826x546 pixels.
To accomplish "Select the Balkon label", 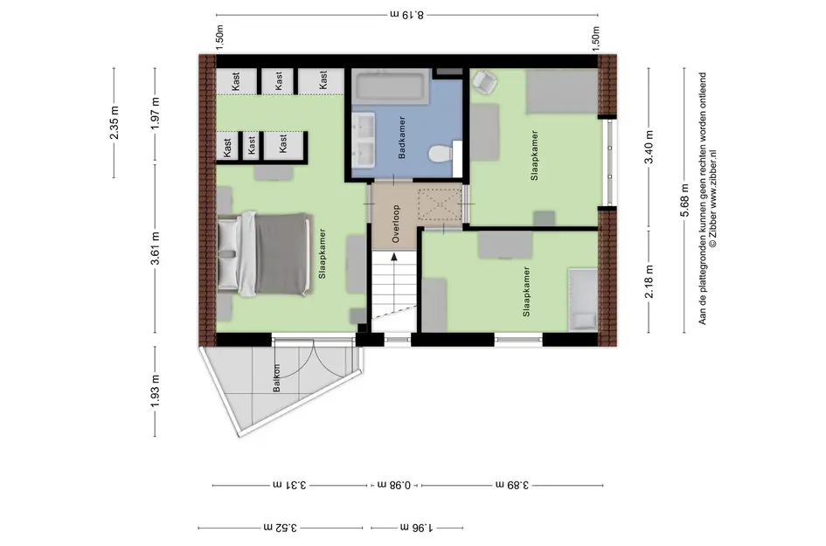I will click(x=276, y=380).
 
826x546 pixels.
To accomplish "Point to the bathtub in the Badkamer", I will click(x=391, y=88).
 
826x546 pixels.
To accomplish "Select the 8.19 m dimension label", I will click(x=406, y=14).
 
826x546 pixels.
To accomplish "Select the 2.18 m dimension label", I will click(x=648, y=282).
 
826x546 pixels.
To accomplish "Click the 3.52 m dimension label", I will click(x=281, y=528).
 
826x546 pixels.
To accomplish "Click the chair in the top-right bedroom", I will click(x=483, y=81).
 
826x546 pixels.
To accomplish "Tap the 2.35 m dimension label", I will click(x=114, y=123).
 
